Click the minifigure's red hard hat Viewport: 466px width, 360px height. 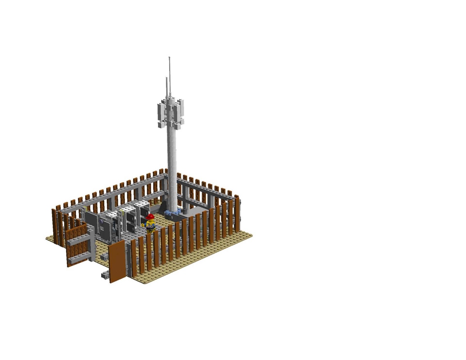point(150,216)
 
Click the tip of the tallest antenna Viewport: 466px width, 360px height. point(170,58)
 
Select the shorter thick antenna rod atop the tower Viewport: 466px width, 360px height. point(167,86)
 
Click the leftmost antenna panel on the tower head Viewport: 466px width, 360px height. point(161,109)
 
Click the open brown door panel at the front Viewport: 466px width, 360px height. point(117,262)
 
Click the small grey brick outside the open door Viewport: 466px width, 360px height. point(105,274)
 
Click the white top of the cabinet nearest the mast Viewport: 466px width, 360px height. point(141,204)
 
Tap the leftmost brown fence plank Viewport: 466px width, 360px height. point(54,226)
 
